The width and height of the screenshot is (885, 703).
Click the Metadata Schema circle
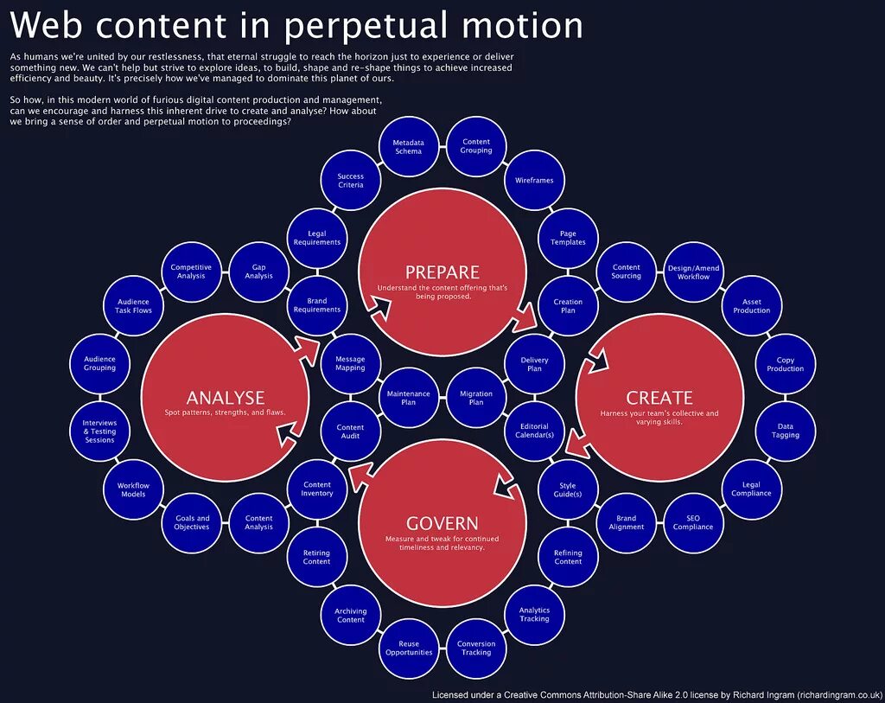(x=408, y=147)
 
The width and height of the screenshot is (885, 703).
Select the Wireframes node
(x=534, y=181)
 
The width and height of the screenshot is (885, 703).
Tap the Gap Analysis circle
(x=258, y=272)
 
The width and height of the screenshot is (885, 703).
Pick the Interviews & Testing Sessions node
(x=99, y=431)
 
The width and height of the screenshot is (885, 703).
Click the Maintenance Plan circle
(x=408, y=398)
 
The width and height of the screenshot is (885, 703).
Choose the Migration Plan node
(x=476, y=398)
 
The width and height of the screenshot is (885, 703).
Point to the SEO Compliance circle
(x=693, y=522)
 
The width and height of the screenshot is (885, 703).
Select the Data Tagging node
(x=785, y=431)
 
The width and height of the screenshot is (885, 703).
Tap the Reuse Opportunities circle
(x=409, y=648)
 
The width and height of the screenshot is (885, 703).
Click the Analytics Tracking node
(x=534, y=614)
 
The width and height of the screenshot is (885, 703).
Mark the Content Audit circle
(x=350, y=431)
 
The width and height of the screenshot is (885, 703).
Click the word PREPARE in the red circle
(x=442, y=272)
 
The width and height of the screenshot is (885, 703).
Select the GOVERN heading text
(x=442, y=523)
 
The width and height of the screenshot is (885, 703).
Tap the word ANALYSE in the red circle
(x=226, y=398)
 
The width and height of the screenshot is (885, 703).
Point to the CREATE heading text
(x=659, y=398)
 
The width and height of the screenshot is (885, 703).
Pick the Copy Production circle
(x=785, y=364)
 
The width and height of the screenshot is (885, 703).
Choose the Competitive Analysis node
(x=191, y=272)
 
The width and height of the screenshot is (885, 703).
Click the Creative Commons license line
(x=657, y=694)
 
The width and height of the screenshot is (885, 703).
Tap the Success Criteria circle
(x=351, y=181)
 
